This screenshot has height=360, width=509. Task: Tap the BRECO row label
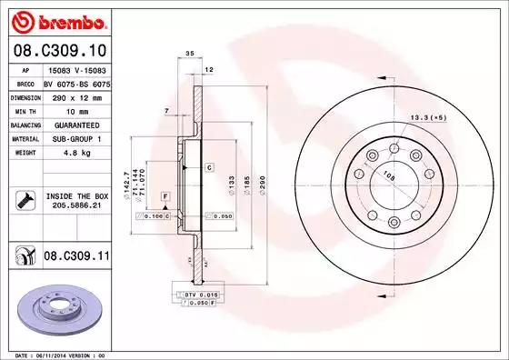[x=25, y=82]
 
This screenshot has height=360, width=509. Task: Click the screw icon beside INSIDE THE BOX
[x=25, y=199]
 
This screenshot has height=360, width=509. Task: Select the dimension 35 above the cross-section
[x=190, y=55]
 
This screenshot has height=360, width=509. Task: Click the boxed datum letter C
[x=208, y=168]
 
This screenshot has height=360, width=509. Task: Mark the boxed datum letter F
[x=165, y=196]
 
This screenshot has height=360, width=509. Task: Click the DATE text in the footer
[x=18, y=355]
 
